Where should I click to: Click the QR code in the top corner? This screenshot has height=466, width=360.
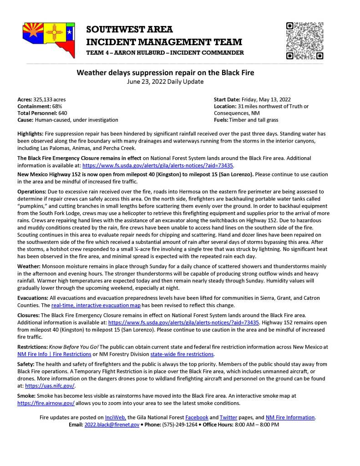point(304,41)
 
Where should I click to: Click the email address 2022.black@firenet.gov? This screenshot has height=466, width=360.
point(112,424)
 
